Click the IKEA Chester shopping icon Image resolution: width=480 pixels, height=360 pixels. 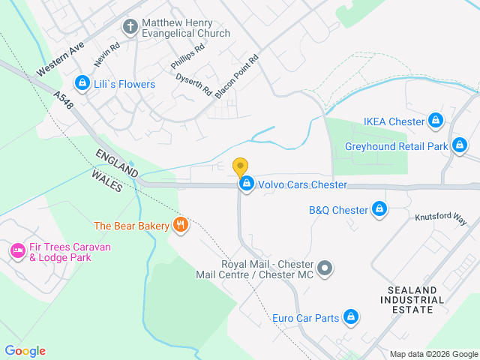click(436, 120)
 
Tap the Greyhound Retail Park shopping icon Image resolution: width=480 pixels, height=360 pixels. click(460, 145)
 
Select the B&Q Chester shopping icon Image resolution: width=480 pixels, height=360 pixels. click(379, 209)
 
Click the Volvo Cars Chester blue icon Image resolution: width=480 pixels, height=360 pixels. click(246, 184)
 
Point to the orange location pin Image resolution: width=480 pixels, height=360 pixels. click(240, 166)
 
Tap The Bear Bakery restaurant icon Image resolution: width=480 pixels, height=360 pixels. click(180, 225)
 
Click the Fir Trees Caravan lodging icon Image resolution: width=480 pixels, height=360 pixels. click(16, 251)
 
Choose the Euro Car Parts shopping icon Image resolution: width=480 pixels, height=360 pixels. click(349, 318)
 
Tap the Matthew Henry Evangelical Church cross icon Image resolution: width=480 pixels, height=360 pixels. click(130, 28)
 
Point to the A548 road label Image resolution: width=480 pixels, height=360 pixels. click(64, 103)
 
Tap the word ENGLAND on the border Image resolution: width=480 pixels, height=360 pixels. click(116, 163)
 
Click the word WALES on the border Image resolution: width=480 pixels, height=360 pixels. click(106, 180)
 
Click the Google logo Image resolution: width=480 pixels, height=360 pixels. click(25, 351)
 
